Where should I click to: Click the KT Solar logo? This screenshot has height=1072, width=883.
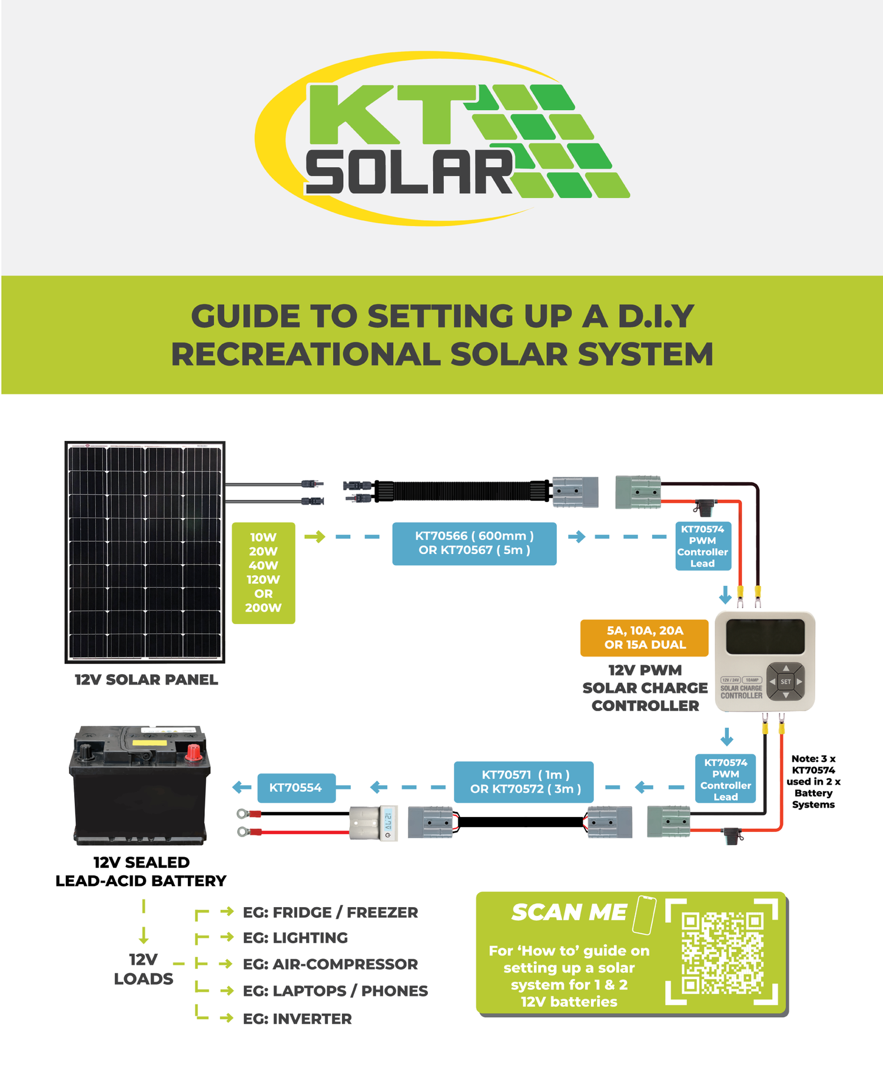tap(441, 138)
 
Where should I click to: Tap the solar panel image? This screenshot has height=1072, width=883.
tap(145, 552)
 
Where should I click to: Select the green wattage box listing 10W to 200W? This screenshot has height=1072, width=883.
tap(263, 572)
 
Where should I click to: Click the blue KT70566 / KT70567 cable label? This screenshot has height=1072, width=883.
tap(474, 543)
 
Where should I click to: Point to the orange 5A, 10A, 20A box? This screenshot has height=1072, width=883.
tap(644, 637)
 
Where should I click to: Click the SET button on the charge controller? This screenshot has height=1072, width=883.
tap(785, 681)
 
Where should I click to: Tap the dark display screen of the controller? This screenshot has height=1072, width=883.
tap(765, 636)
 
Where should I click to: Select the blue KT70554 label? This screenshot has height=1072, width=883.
tap(296, 787)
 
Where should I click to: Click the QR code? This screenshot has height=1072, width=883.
tap(722, 952)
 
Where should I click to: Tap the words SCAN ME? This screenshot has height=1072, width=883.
tap(569, 912)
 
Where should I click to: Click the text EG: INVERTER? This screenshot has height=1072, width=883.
tap(297, 1018)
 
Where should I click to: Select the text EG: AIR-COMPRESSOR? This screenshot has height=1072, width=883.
tap(330, 964)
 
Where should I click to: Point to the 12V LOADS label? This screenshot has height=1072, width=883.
tap(143, 969)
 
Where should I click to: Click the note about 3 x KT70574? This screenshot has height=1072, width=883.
tap(813, 781)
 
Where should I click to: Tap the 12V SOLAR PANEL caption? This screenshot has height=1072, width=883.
tap(146, 679)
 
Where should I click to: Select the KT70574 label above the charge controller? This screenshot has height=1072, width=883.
tap(702, 546)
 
